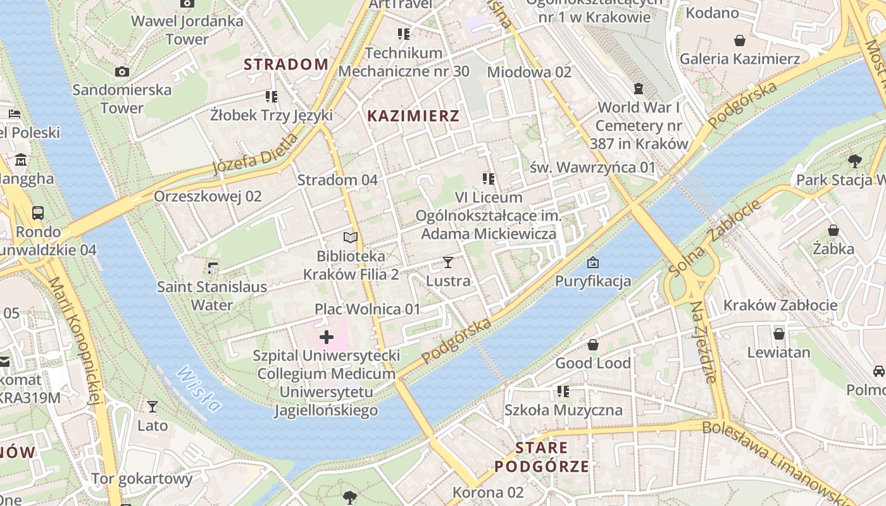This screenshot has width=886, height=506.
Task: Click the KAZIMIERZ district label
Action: [x=413, y=116]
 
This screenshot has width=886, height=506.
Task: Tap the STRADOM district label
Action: [x=286, y=65]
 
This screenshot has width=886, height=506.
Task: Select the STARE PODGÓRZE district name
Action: [x=541, y=457]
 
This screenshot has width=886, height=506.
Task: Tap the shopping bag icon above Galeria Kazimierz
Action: [x=739, y=41]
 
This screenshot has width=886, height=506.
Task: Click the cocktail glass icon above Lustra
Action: [x=448, y=262]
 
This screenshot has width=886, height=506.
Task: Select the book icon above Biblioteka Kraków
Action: [x=350, y=238]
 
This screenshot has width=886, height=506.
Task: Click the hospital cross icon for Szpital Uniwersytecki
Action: [x=327, y=337]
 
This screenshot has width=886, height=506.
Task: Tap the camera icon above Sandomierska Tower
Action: [x=122, y=72]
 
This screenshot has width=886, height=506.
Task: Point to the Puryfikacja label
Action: [x=593, y=281]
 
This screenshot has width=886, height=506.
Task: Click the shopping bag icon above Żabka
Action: [x=833, y=230]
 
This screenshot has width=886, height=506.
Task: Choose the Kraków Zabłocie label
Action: [x=780, y=305]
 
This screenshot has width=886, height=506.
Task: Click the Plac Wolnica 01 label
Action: [x=368, y=309]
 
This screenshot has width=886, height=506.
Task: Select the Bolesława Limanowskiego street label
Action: [x=778, y=462]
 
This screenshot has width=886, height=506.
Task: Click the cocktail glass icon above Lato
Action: [x=153, y=407]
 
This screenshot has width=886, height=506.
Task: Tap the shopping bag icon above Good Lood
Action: [x=593, y=345]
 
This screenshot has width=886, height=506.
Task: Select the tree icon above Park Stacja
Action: [x=855, y=161]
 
